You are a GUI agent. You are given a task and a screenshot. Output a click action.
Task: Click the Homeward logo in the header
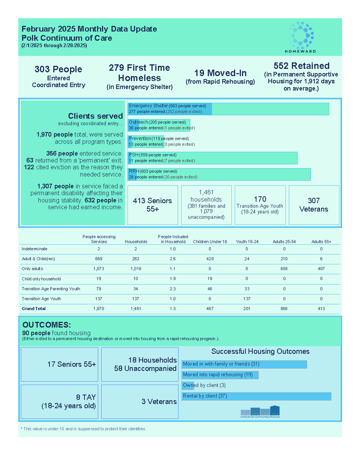[x=300, y=37]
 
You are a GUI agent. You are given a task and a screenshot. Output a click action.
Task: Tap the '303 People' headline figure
[x=58, y=69]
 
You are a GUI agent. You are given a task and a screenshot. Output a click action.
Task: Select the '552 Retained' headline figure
[x=301, y=66]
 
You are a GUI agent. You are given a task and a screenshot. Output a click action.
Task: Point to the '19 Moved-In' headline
[x=220, y=73]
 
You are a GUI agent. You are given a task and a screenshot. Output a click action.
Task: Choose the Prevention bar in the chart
[x=146, y=141]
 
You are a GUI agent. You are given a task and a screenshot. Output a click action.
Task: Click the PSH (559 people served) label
[x=153, y=155]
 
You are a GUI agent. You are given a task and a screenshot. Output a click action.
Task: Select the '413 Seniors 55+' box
[x=152, y=205]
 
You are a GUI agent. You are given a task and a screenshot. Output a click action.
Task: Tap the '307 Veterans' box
[x=314, y=205]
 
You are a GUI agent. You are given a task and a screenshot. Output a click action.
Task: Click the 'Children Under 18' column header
[x=210, y=242]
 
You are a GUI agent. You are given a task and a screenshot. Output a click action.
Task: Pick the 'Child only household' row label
[x=41, y=279]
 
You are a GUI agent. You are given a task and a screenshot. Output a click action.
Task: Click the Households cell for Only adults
[x=136, y=269]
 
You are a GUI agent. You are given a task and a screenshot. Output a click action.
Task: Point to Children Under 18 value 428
[x=210, y=259]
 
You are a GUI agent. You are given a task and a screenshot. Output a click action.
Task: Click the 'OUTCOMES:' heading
[x=47, y=325]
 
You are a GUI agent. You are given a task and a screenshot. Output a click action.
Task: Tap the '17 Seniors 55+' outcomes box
[x=60, y=364]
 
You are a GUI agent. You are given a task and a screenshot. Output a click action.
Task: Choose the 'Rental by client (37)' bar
[x=256, y=396]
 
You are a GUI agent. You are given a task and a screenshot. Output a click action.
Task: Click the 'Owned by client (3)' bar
[x=188, y=385]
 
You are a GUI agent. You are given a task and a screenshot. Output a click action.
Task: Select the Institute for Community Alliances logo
[x=260, y=412]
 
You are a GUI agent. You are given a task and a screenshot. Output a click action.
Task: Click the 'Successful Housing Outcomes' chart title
[x=260, y=351]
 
